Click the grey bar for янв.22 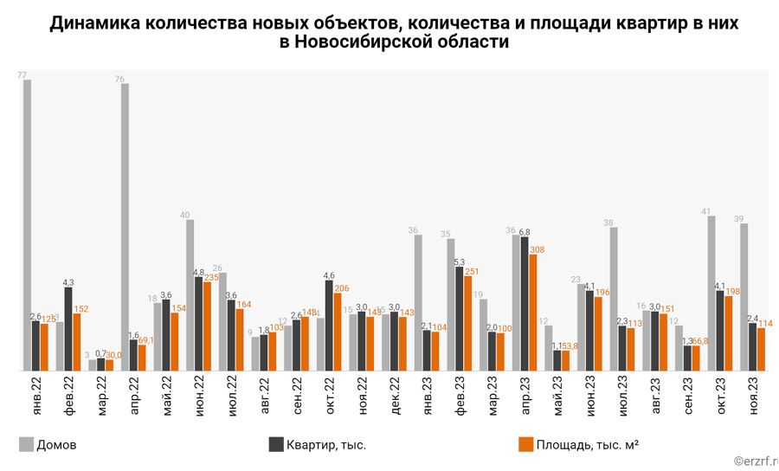[x=28, y=225]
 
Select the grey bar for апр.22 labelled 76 [x=126, y=227]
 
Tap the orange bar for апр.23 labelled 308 [x=533, y=313]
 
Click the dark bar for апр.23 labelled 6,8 [x=525, y=304]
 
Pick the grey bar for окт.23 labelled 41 [x=711, y=294]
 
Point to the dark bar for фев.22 [x=68, y=329]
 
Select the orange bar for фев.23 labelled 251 [x=468, y=324]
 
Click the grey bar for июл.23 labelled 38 [x=614, y=299]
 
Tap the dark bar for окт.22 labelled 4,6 [x=329, y=326]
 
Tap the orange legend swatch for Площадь [x=525, y=445]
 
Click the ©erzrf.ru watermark [x=754, y=462]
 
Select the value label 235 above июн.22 [x=211, y=277]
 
